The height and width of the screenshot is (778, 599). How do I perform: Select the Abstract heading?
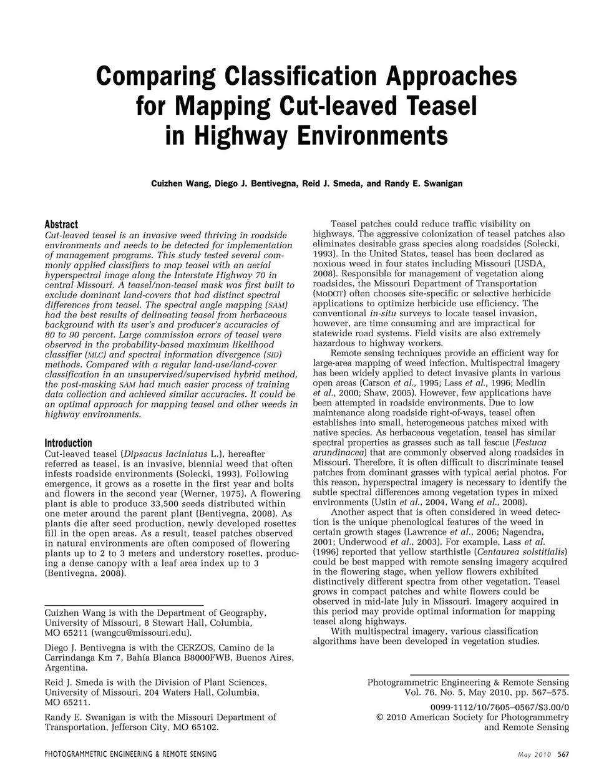click(61, 225)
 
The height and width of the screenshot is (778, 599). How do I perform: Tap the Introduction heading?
click(68, 443)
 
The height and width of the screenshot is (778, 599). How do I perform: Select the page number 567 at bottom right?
click(563, 754)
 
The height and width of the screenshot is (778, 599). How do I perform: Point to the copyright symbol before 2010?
click(381, 717)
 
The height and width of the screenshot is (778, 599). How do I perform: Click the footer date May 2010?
click(535, 754)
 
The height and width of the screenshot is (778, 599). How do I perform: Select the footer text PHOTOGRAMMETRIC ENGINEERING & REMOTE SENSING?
click(130, 754)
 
